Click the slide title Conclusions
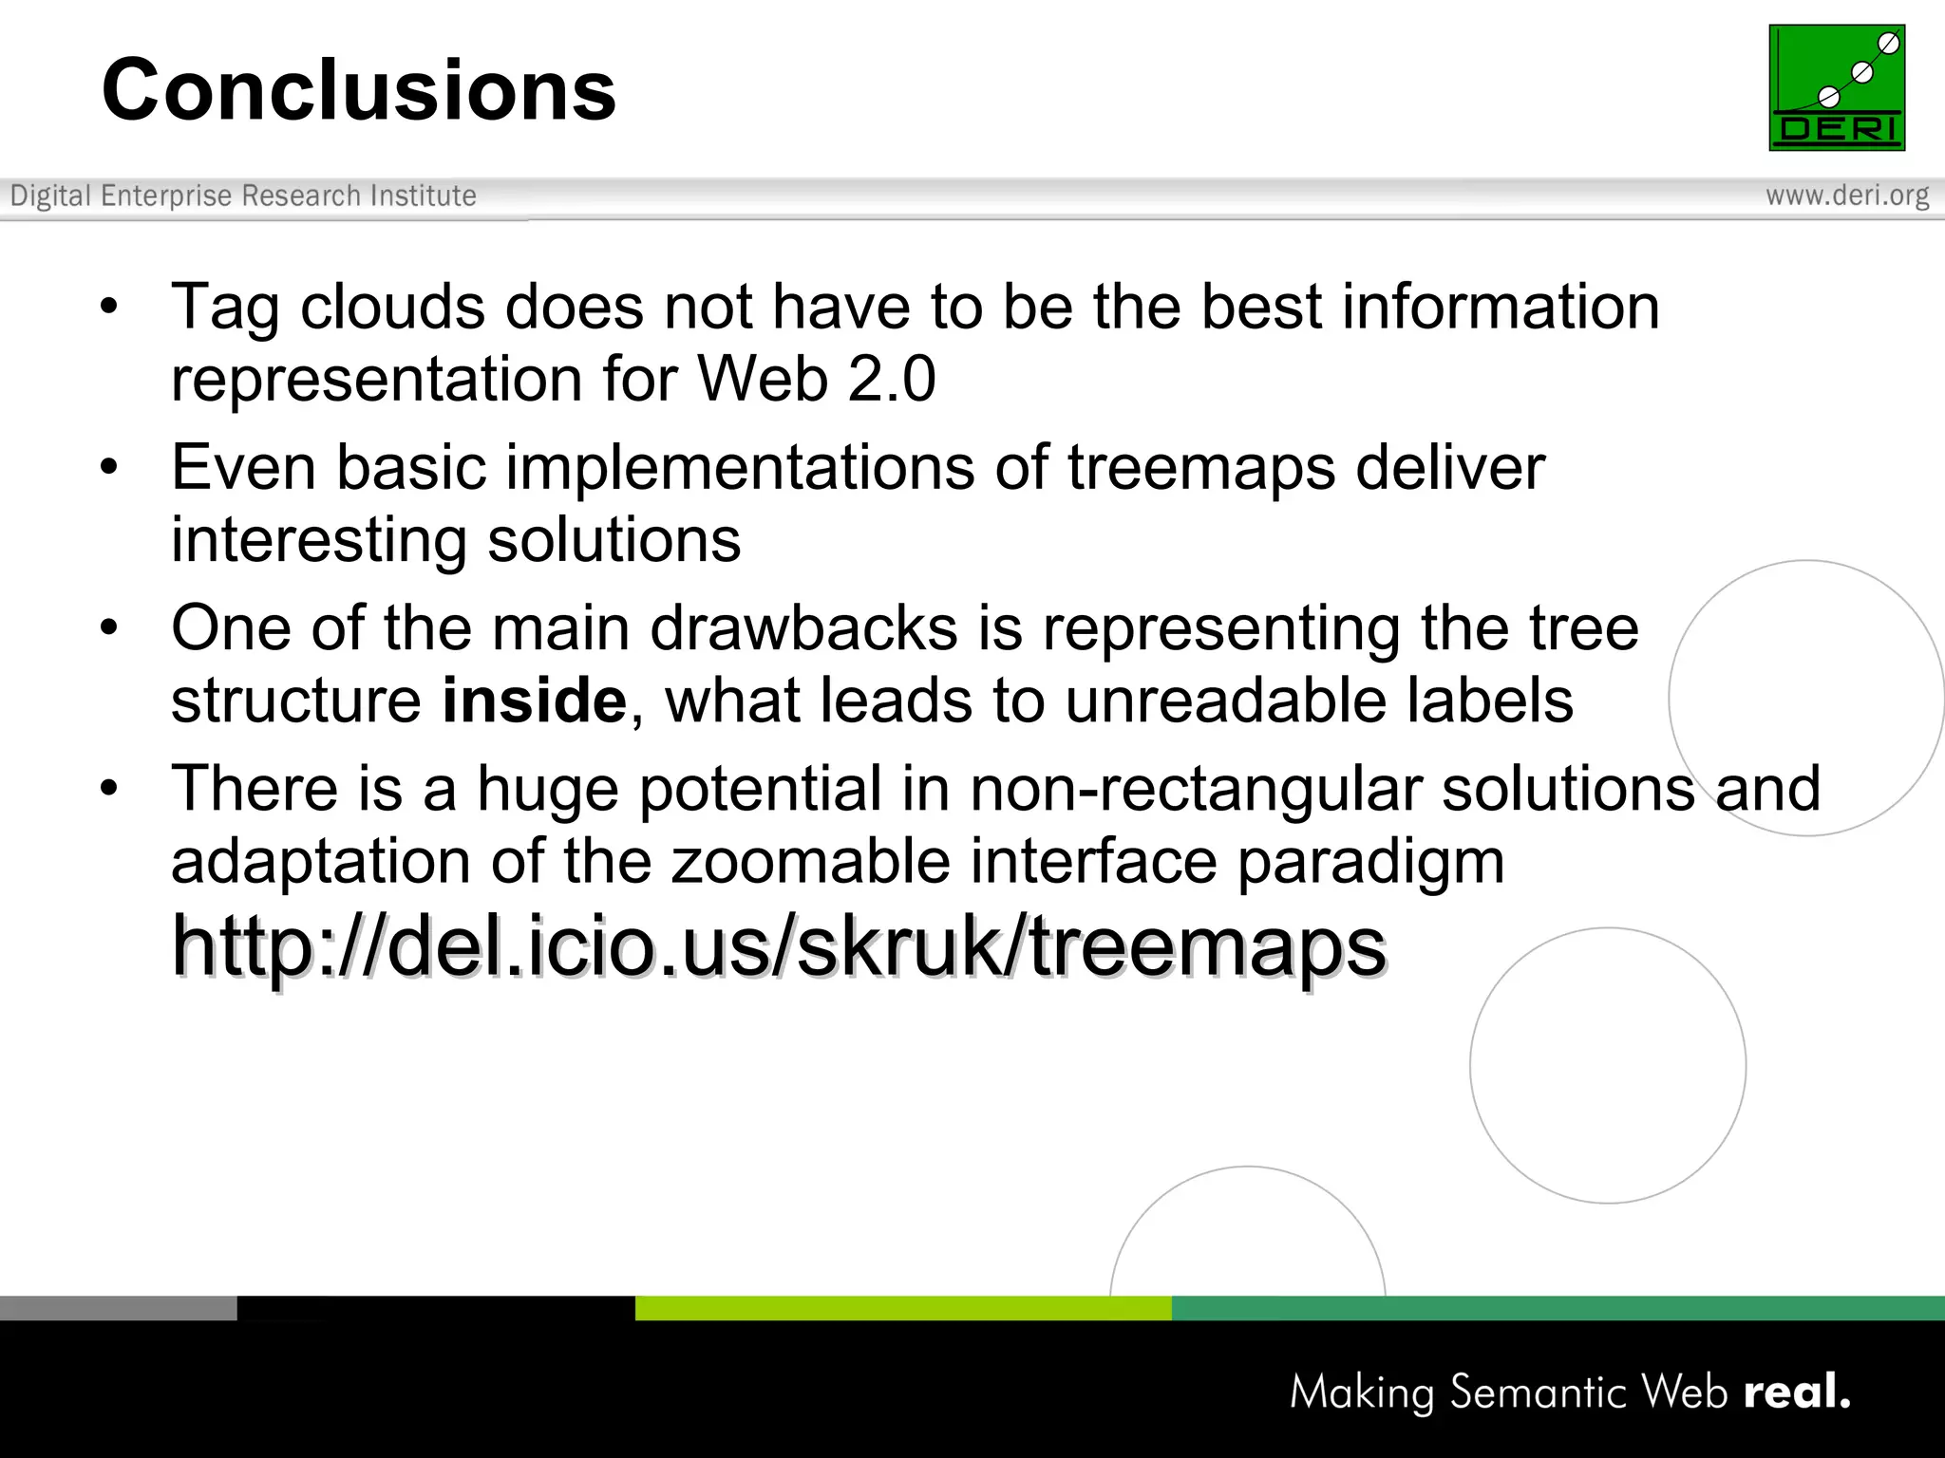(359, 90)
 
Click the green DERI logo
(1837, 87)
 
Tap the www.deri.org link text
(1847, 196)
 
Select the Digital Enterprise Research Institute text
(243, 196)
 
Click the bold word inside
(534, 701)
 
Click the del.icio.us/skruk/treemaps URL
(779, 946)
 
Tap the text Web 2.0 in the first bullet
(817, 380)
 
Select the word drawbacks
(803, 628)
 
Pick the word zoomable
(811, 862)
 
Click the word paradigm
(1370, 862)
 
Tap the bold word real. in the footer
(1797, 1392)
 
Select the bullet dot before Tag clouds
(109, 307)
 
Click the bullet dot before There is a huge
(109, 788)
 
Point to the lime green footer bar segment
(902, 1308)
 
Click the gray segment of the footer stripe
(118, 1308)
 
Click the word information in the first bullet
(1501, 308)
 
